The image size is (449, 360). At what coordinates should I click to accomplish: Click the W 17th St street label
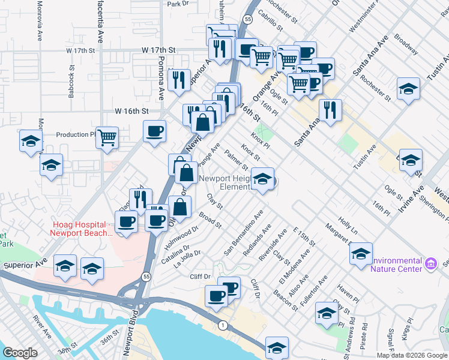coord(158,50)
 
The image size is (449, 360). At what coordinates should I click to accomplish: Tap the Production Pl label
coord(72,134)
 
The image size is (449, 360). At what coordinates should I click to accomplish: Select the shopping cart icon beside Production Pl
coord(107,137)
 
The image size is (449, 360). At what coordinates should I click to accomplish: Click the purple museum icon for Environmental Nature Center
coord(430,263)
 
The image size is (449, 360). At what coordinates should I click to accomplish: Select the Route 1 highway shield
coord(223,325)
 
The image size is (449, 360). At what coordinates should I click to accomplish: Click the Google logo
coord(20,353)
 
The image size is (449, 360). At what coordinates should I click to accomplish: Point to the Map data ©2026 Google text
coord(412,355)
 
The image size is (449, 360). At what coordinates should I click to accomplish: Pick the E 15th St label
coord(304,236)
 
